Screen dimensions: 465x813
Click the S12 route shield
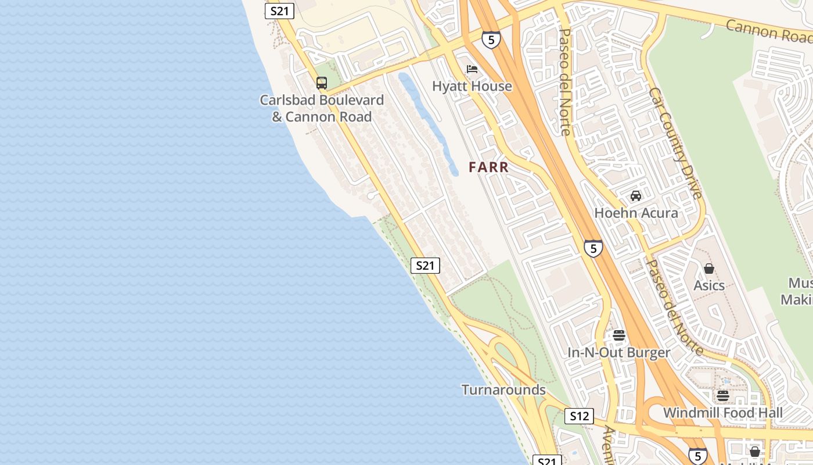(579, 416)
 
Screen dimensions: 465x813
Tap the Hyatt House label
(472, 86)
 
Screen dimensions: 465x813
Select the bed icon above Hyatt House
(472, 69)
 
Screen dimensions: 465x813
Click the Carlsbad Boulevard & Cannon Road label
(322, 109)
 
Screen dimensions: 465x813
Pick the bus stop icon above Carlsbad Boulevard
(322, 83)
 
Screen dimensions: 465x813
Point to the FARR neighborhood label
(489, 167)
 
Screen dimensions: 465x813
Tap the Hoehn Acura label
(636, 213)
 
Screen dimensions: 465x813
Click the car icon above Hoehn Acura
(636, 196)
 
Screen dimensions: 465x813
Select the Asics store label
(709, 285)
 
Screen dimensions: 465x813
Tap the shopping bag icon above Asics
(709, 269)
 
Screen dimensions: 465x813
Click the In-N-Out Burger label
(619, 353)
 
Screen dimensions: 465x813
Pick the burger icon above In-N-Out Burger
(619, 335)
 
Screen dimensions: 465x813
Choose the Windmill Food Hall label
(723, 413)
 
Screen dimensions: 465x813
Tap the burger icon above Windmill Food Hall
(723, 396)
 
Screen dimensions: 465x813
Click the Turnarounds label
(503, 389)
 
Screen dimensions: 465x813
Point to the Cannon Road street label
(768, 31)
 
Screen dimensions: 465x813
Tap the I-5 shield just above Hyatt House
(491, 40)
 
